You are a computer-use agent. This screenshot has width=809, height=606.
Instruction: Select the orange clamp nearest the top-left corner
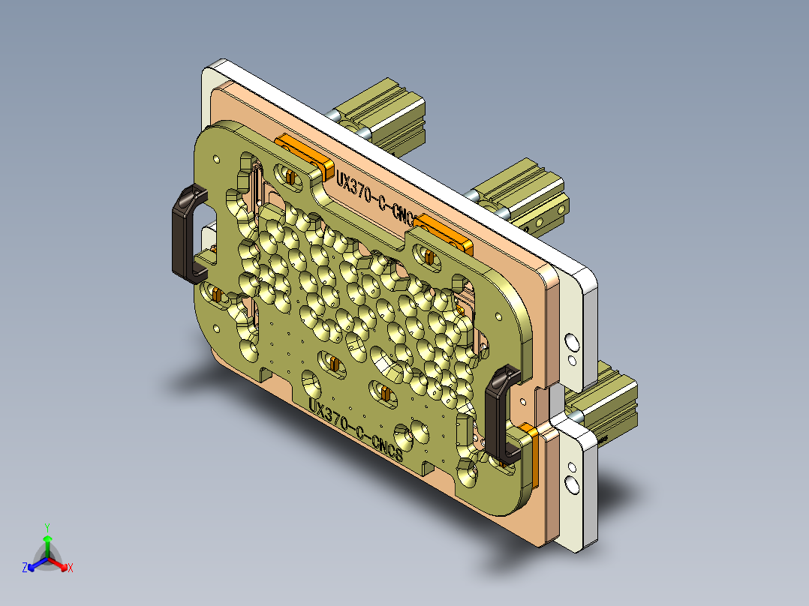coord(304,152)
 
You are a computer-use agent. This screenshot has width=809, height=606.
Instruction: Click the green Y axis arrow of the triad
coord(47,541)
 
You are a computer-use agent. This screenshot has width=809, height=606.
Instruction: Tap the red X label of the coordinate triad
coord(71,568)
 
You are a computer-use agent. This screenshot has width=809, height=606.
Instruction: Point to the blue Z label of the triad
coord(25,568)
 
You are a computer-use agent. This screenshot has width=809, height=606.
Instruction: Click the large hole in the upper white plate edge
coord(572,343)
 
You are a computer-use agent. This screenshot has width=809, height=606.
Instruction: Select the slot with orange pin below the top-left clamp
coord(288,176)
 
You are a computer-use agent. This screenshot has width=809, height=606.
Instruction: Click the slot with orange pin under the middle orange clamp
coord(429,256)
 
